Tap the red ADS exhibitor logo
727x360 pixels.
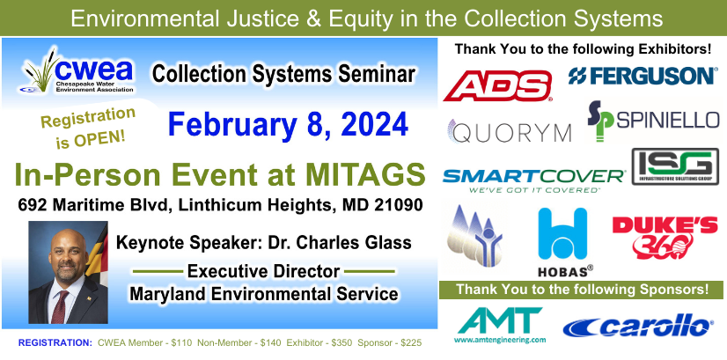pos(497,86)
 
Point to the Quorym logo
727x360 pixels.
pos(509,131)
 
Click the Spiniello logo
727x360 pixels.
pos(653,121)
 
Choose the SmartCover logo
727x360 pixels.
pos(533,180)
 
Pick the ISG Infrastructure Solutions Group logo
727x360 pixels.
pos(675,166)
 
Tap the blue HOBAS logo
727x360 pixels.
pos(563,242)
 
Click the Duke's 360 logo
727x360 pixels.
pos(665,238)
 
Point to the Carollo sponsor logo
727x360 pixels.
pos(637,326)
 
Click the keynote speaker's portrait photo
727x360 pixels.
pos(68,272)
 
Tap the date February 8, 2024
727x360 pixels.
pos(288,125)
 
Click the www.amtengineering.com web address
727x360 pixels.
pos(500,340)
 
